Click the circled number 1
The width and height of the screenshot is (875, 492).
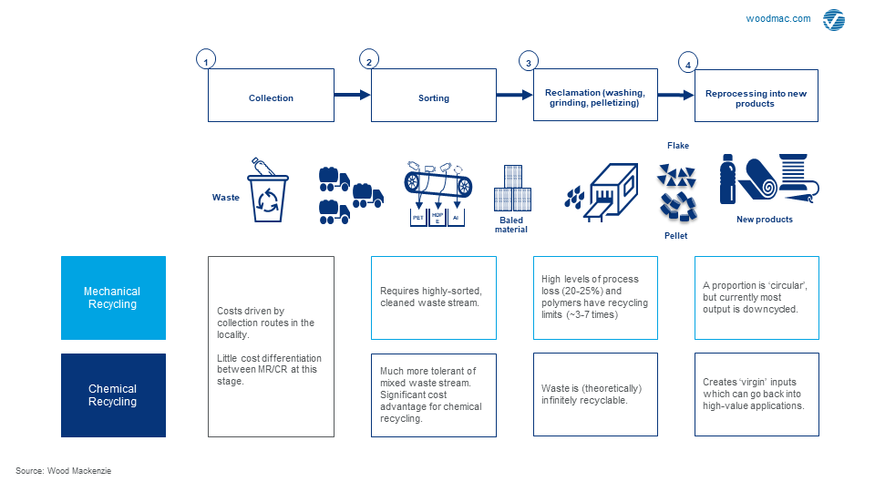click(207, 60)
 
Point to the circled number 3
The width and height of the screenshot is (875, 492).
click(528, 61)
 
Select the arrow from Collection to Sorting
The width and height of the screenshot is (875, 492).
click(352, 95)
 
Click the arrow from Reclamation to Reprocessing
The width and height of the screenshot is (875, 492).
click(675, 95)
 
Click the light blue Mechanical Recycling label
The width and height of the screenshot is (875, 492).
click(113, 298)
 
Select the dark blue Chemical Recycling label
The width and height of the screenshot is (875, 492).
click(113, 395)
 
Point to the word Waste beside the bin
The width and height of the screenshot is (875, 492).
click(226, 197)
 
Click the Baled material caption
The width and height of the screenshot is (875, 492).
click(511, 224)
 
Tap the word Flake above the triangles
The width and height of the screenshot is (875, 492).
click(678, 146)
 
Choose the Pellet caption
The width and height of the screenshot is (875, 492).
click(675, 236)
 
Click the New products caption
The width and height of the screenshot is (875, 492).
click(764, 220)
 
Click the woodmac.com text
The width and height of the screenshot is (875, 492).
click(777, 18)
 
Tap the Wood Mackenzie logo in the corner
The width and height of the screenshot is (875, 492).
click(833, 20)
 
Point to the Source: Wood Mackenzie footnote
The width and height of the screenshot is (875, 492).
click(64, 470)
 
